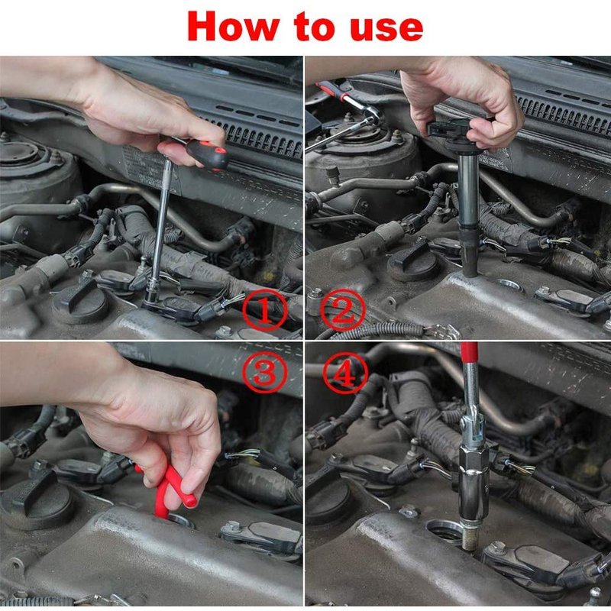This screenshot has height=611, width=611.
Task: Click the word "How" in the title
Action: [234, 27]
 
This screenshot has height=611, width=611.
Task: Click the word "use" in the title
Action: [386, 29]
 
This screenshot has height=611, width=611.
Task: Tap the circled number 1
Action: [265, 311]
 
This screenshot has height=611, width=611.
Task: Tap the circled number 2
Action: [343, 311]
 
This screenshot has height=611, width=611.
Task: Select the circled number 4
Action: [345, 374]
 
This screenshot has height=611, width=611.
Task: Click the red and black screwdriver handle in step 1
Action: [207, 154]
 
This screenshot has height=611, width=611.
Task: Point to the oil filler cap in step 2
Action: [414, 262]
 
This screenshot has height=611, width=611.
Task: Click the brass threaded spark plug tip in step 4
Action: [470, 537]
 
